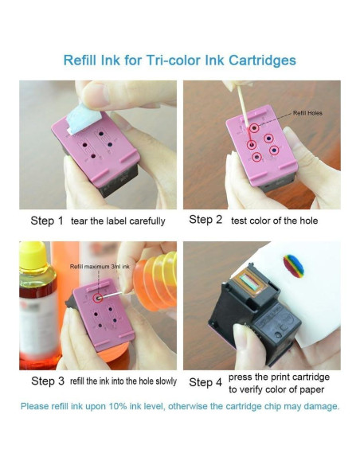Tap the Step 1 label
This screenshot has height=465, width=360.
coord(46,221)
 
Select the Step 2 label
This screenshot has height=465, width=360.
coord(205,220)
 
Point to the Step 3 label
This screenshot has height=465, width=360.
coord(47,381)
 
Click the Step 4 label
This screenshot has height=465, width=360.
coord(205,382)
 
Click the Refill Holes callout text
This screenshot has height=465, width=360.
coord(310,114)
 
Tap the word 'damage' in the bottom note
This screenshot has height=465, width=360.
coord(319,406)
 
